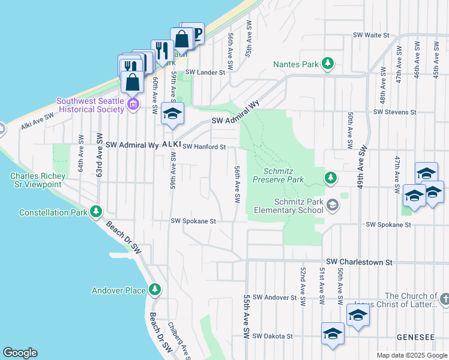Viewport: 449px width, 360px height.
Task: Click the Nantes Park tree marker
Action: coord(328,63)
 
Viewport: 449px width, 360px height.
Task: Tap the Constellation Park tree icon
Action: coord(95,212)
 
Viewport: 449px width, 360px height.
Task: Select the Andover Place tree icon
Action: coord(155,290)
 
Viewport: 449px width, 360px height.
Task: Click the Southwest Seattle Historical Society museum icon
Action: coord(133,106)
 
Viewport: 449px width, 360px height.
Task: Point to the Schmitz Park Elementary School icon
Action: coord(332,206)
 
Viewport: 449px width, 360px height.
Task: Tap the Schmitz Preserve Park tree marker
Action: coord(330,177)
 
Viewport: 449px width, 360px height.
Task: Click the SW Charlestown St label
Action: coord(358,262)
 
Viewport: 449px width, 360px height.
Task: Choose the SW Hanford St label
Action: coord(204,146)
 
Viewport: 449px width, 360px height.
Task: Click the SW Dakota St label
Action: coord(272,337)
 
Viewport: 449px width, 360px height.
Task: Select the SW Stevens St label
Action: coord(394,112)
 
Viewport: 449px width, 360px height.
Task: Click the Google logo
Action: coord(20,353)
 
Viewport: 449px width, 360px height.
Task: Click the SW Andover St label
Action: coord(274,297)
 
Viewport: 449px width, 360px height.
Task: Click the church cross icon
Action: coord(444,298)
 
